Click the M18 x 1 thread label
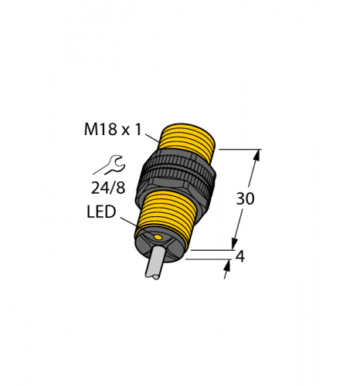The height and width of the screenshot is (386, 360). (x=113, y=130)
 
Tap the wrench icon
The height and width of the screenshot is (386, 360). (x=110, y=164)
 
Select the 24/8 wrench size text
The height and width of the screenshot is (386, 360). (x=108, y=188)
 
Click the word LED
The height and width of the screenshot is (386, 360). (x=101, y=212)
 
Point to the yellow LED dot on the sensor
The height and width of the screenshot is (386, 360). (x=157, y=237)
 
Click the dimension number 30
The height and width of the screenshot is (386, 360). (x=245, y=198)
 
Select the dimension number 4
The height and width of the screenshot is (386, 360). (x=240, y=256)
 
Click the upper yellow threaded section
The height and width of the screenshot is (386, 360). (x=188, y=141)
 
